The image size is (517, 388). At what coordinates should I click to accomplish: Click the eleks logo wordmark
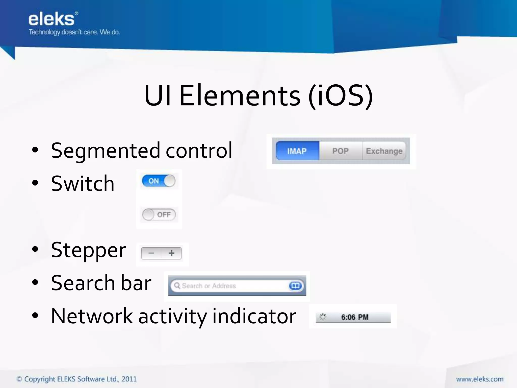(52, 19)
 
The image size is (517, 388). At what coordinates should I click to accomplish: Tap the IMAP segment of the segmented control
(297, 151)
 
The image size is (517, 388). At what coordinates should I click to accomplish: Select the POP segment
(341, 151)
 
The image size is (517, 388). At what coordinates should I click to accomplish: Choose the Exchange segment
(384, 151)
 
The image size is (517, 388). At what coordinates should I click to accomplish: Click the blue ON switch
(159, 181)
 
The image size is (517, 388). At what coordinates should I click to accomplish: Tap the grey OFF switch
(159, 214)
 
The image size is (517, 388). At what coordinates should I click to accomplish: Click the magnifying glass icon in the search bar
(177, 285)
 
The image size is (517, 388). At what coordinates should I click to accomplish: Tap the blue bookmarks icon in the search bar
(295, 286)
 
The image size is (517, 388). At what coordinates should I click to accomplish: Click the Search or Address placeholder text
(209, 286)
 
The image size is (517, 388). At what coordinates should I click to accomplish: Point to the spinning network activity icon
(323, 317)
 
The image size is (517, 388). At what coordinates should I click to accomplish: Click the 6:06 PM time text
(355, 317)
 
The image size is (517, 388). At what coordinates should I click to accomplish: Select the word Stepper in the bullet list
(88, 250)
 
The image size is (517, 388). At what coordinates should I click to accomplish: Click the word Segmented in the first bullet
(106, 151)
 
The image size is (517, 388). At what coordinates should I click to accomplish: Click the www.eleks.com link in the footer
(480, 379)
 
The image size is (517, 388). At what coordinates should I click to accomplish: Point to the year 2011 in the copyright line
(129, 379)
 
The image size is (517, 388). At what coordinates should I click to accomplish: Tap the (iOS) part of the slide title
(340, 95)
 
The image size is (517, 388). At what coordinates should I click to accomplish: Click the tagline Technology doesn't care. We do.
(74, 32)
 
